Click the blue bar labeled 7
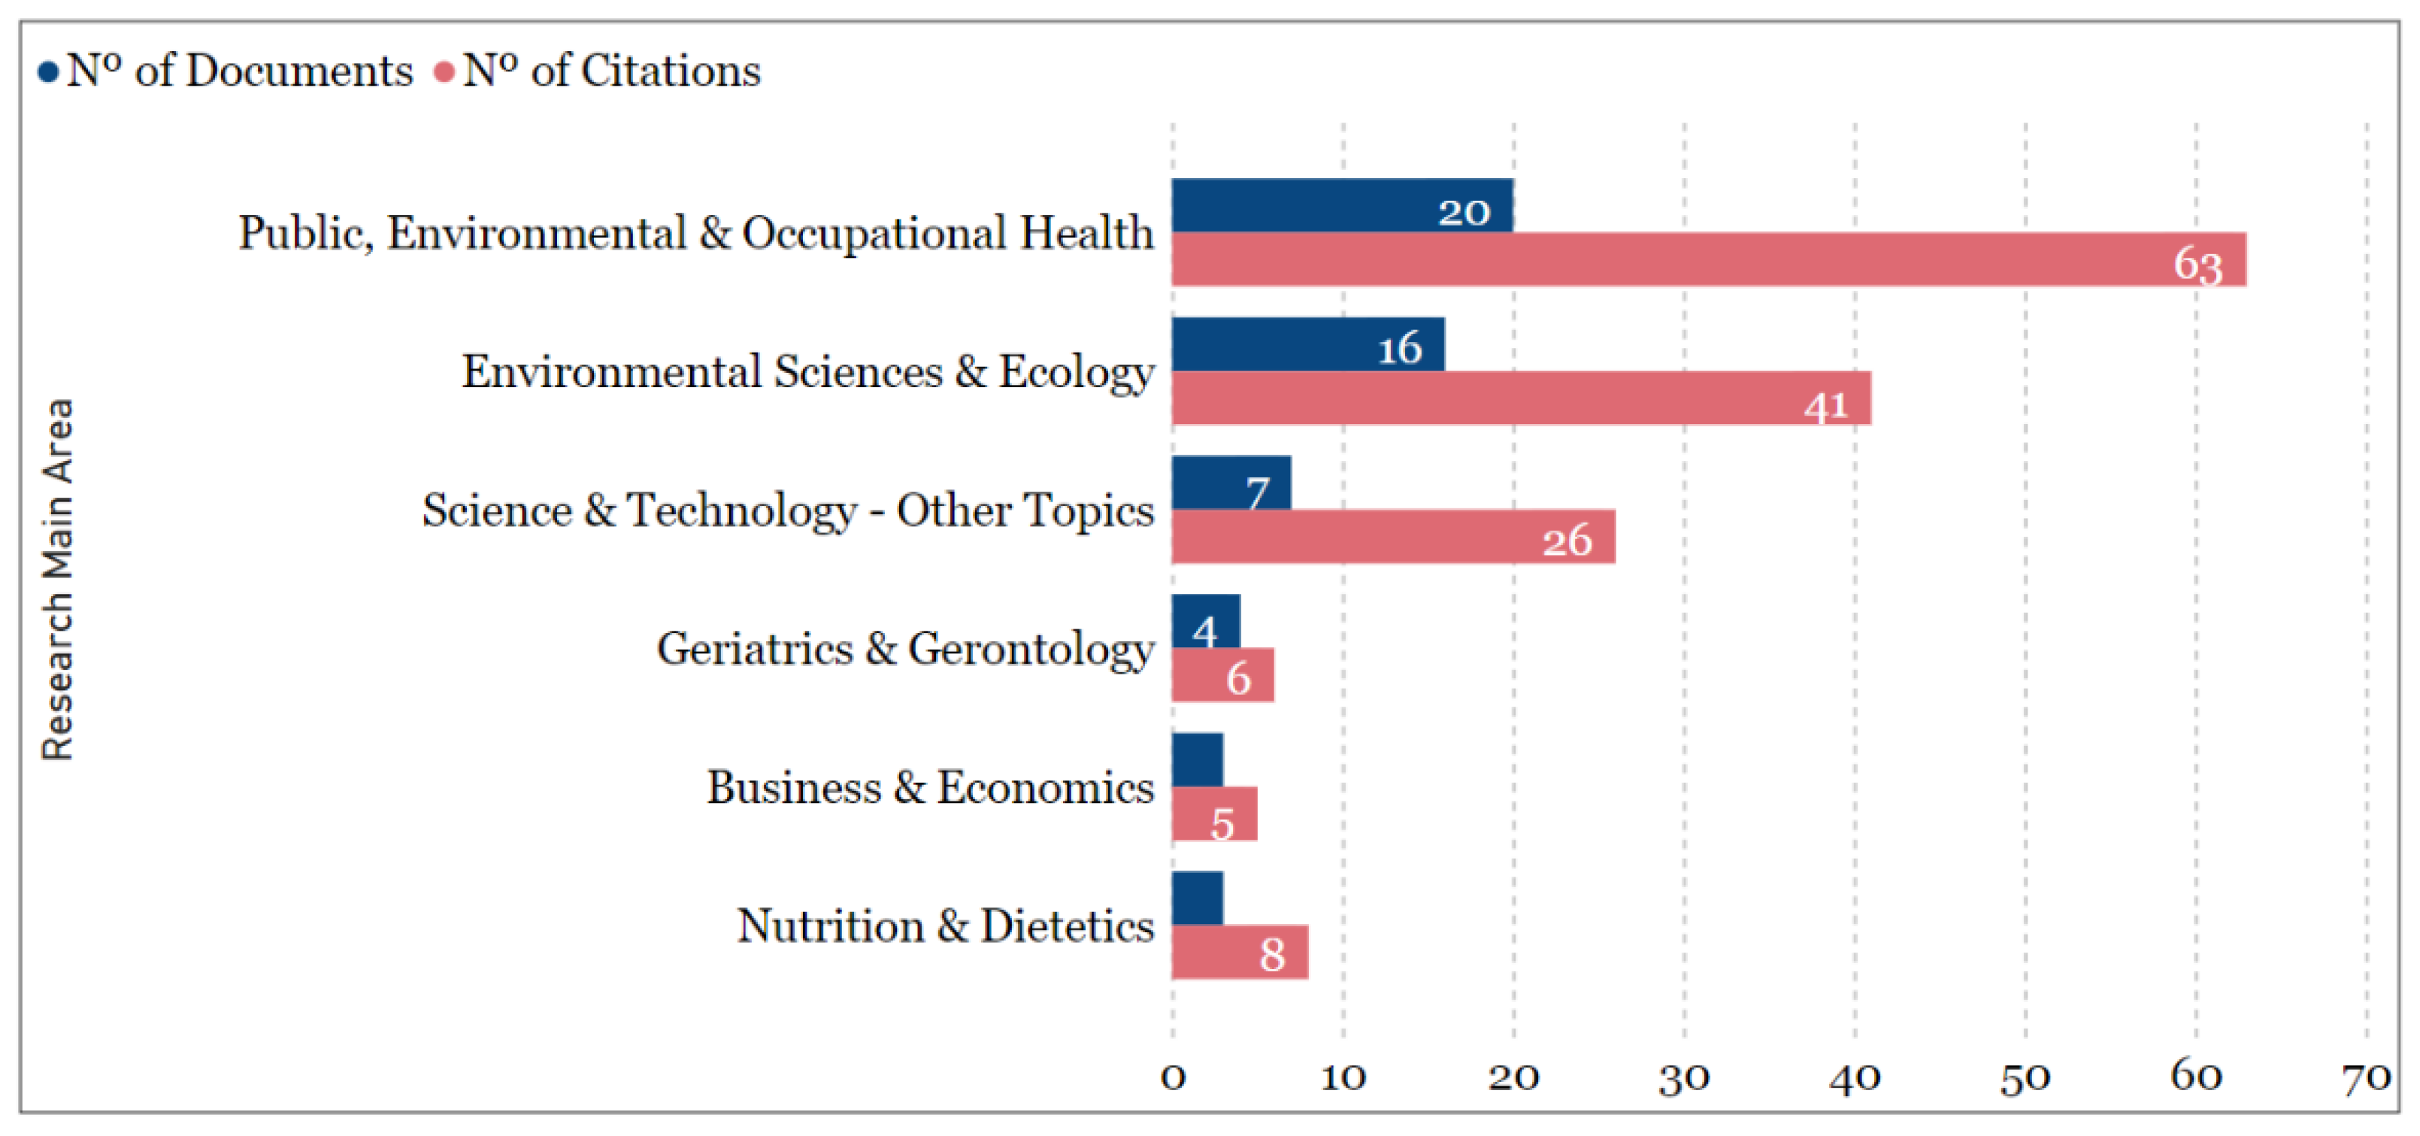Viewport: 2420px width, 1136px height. (1231, 482)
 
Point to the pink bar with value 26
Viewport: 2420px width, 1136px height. (1392, 537)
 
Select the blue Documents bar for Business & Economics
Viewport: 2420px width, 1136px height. (1197, 759)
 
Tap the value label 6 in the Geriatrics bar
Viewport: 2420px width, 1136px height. (1238, 677)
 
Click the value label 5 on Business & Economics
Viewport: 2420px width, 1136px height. (1221, 824)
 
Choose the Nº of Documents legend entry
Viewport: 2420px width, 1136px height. (226, 71)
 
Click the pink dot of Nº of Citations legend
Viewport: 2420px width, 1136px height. (444, 71)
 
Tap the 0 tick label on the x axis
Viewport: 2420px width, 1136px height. (1173, 1077)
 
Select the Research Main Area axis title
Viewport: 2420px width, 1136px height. (57, 580)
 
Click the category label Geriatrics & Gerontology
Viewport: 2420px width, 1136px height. (904, 648)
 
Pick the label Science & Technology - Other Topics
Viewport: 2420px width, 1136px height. (787, 510)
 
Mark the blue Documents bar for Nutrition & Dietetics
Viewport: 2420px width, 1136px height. (1197, 898)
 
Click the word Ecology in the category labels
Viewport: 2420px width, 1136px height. (1076, 372)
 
